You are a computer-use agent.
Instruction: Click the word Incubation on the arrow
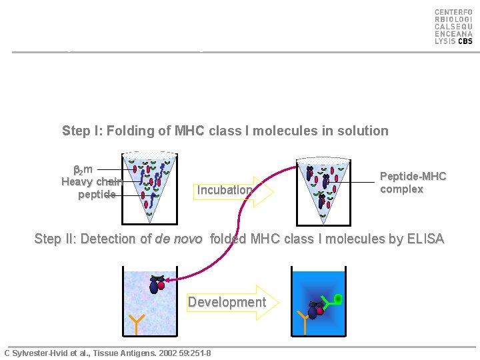[x=225, y=190]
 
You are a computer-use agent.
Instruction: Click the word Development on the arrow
[x=227, y=302]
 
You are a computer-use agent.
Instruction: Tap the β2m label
[x=83, y=169]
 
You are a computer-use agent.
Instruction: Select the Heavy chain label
[x=91, y=182]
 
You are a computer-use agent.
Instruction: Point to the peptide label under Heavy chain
[x=97, y=195]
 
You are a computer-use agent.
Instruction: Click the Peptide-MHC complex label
[x=413, y=183]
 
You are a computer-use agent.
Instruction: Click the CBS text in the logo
[x=465, y=41]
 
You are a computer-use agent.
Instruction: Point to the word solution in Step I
[x=362, y=131]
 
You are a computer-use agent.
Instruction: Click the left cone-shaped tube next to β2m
[x=149, y=183]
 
